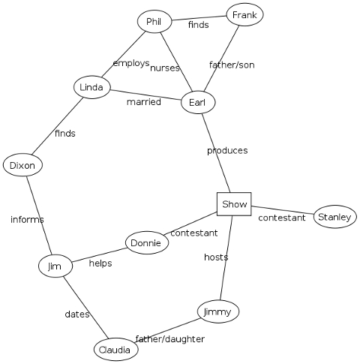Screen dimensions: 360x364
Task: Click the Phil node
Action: pyautogui.click(x=154, y=22)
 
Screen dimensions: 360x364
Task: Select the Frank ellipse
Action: pyautogui.click(x=244, y=14)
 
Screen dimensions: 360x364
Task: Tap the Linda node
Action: pyautogui.click(x=91, y=87)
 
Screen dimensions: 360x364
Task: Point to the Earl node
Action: pyautogui.click(x=198, y=102)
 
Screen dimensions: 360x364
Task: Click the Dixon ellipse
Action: pyautogui.click(x=22, y=165)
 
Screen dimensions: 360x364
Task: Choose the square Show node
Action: pyautogui.click(x=234, y=204)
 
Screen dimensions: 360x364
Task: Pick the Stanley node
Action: pyautogui.click(x=335, y=217)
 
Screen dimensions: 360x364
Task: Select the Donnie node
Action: pyautogui.click(x=147, y=242)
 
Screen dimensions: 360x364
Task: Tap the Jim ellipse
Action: pyautogui.click(x=55, y=266)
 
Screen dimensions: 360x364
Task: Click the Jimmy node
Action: pyautogui.click(x=218, y=311)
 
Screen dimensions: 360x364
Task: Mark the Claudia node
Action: pyautogui.click(x=116, y=350)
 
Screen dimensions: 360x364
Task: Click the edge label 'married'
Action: pyautogui.click(x=144, y=102)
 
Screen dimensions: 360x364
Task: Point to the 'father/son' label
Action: pyautogui.click(x=232, y=65)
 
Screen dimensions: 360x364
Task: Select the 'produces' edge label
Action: pyautogui.click(x=227, y=151)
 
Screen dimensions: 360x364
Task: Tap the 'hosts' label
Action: pyautogui.click(x=216, y=257)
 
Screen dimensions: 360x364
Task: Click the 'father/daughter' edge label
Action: pyautogui.click(x=170, y=339)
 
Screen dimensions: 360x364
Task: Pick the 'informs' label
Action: pyautogui.click(x=27, y=219)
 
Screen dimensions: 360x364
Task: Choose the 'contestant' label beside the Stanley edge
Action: pyautogui.click(x=282, y=218)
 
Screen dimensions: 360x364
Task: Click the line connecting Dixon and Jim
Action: pyautogui.click(x=39, y=215)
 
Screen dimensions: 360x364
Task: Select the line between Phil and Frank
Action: pyautogui.click(x=199, y=18)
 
